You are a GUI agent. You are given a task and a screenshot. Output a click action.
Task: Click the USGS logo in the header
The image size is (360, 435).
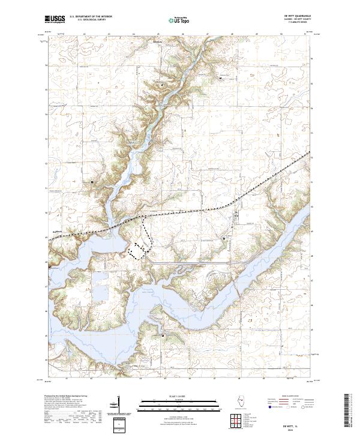tap(55, 20)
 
